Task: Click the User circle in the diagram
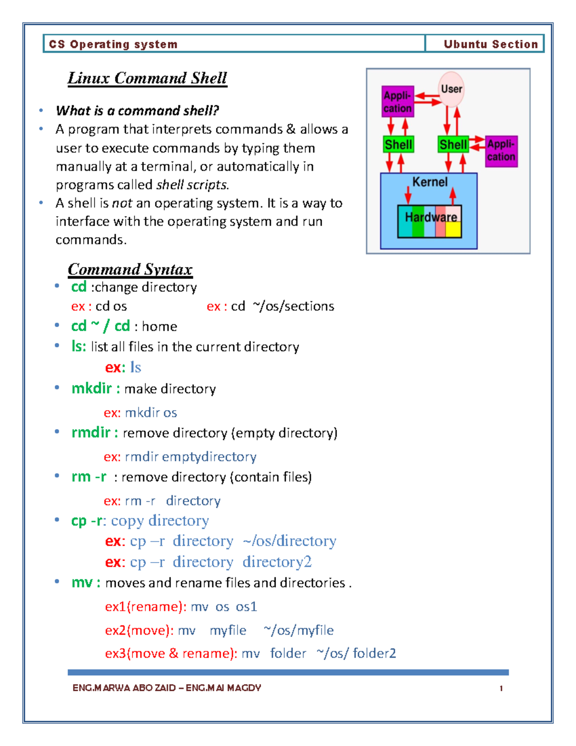click(451, 89)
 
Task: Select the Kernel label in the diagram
click(430, 182)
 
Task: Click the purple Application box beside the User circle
click(397, 102)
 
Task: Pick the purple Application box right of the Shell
click(501, 151)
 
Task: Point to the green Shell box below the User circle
click(453, 145)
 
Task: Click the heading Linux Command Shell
click(147, 78)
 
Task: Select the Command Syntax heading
click(130, 269)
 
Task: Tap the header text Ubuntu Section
click(491, 44)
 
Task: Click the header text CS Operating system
click(113, 44)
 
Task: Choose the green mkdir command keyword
click(92, 388)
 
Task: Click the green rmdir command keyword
click(91, 432)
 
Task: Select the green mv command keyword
click(82, 583)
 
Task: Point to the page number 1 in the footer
click(501, 688)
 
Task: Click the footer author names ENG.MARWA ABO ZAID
click(124, 688)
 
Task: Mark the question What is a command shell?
click(137, 111)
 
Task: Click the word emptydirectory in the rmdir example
click(209, 456)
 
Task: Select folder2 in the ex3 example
click(374, 653)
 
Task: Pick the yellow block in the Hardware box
click(454, 229)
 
